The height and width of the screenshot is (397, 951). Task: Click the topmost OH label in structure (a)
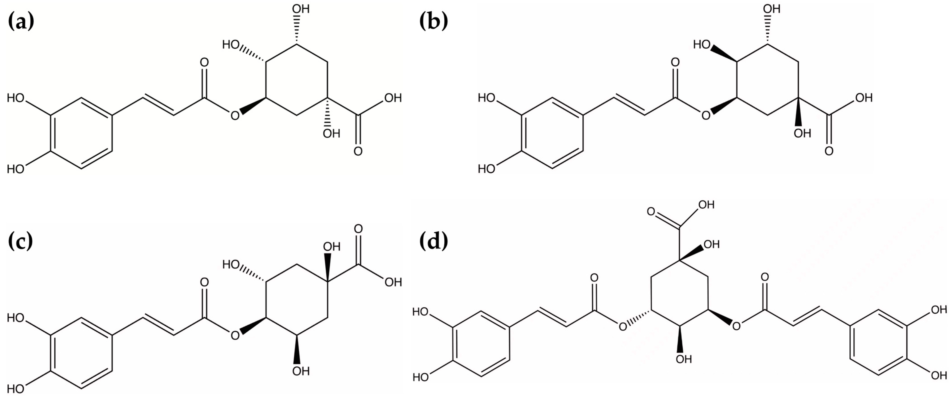301,9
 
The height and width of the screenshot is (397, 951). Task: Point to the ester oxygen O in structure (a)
235,116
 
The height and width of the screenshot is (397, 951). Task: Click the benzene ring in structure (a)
81,133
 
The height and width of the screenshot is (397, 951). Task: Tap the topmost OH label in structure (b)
772,9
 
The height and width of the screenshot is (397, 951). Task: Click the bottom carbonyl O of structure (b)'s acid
829,151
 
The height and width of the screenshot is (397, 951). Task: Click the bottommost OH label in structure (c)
301,371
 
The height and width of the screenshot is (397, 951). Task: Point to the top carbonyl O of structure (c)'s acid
358,229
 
